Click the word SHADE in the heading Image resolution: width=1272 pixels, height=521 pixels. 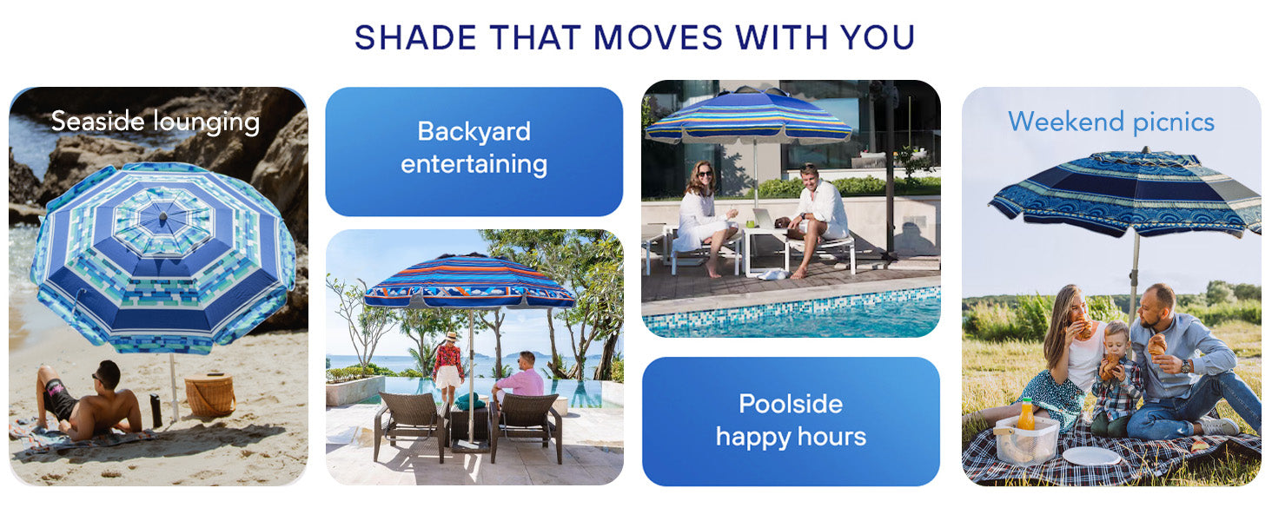click(414, 38)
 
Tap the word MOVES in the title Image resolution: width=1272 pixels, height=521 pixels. click(659, 38)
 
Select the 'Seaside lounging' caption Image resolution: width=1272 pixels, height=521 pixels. click(156, 122)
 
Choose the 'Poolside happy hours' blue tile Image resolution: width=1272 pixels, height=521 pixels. click(791, 420)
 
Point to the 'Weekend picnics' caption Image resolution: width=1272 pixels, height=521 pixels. click(1111, 122)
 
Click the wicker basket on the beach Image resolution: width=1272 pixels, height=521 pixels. click(209, 396)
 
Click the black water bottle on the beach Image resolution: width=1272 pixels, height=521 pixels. click(156, 411)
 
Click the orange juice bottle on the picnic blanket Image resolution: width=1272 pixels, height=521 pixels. click(1026, 415)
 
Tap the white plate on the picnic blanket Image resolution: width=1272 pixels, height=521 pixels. click(1091, 455)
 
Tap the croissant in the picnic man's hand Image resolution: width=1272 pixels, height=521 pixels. click(1157, 344)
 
